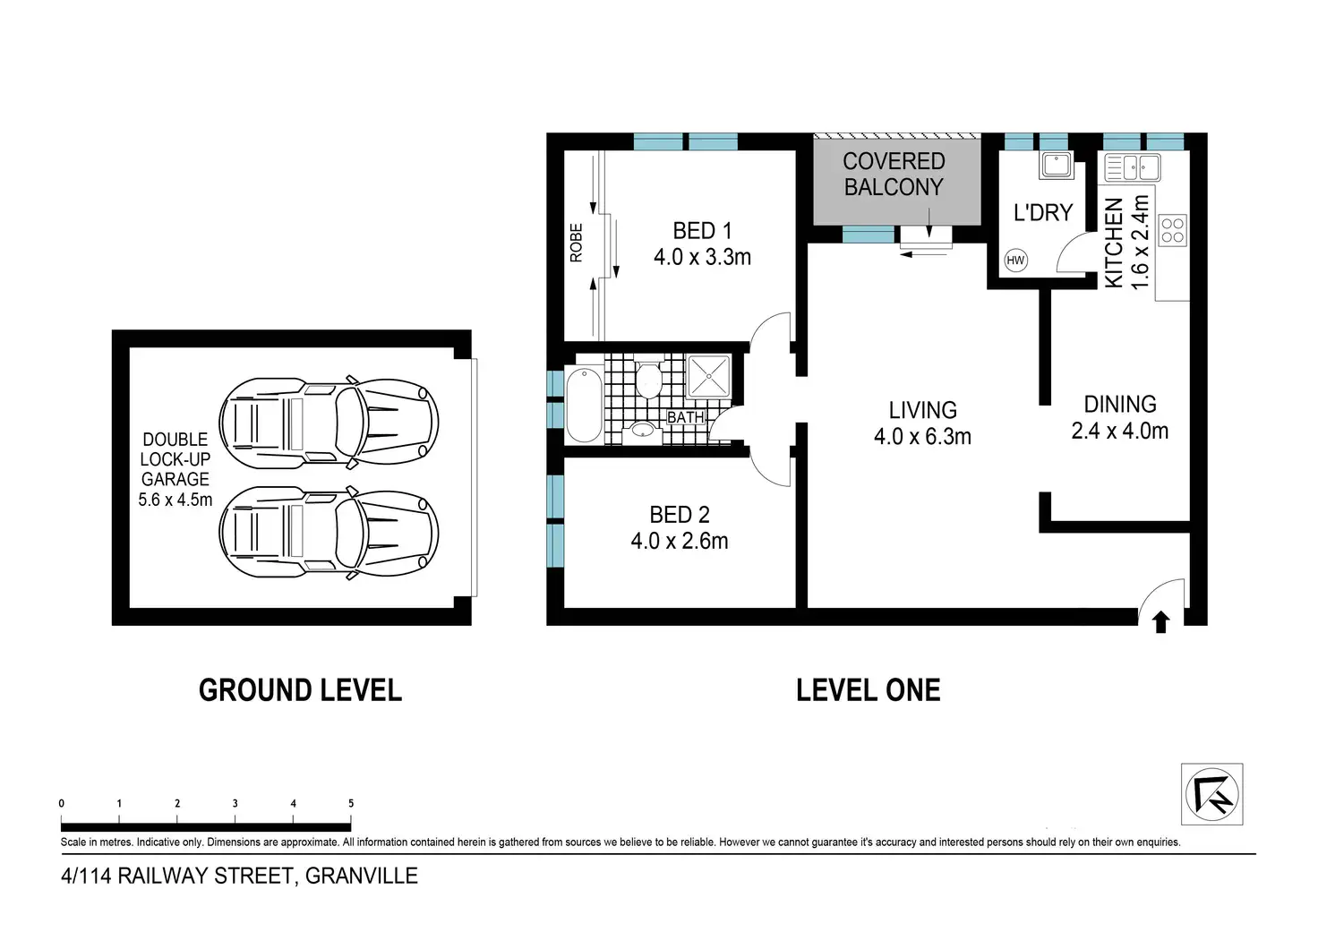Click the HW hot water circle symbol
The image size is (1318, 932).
tap(1015, 260)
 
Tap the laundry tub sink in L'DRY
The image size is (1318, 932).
tap(1057, 166)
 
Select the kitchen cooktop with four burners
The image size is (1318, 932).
tap(1173, 230)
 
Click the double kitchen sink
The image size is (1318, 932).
tap(1133, 167)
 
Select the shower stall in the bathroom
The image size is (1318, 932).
tap(708, 375)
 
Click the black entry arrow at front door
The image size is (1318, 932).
tap(1160, 622)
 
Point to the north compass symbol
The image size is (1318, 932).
tap(1212, 794)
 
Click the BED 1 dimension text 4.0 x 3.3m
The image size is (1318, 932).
tap(702, 257)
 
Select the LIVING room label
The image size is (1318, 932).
tap(922, 409)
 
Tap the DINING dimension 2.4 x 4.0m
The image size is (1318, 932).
tap(1120, 431)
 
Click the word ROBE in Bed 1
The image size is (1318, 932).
tap(576, 243)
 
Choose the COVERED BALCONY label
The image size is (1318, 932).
tap(894, 174)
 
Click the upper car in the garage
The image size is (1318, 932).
tap(329, 423)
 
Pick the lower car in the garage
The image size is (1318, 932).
tap(329, 533)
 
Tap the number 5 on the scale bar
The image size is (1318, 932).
tap(351, 803)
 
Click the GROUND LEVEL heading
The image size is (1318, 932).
tap(300, 690)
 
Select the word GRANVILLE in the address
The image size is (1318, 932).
tap(361, 876)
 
